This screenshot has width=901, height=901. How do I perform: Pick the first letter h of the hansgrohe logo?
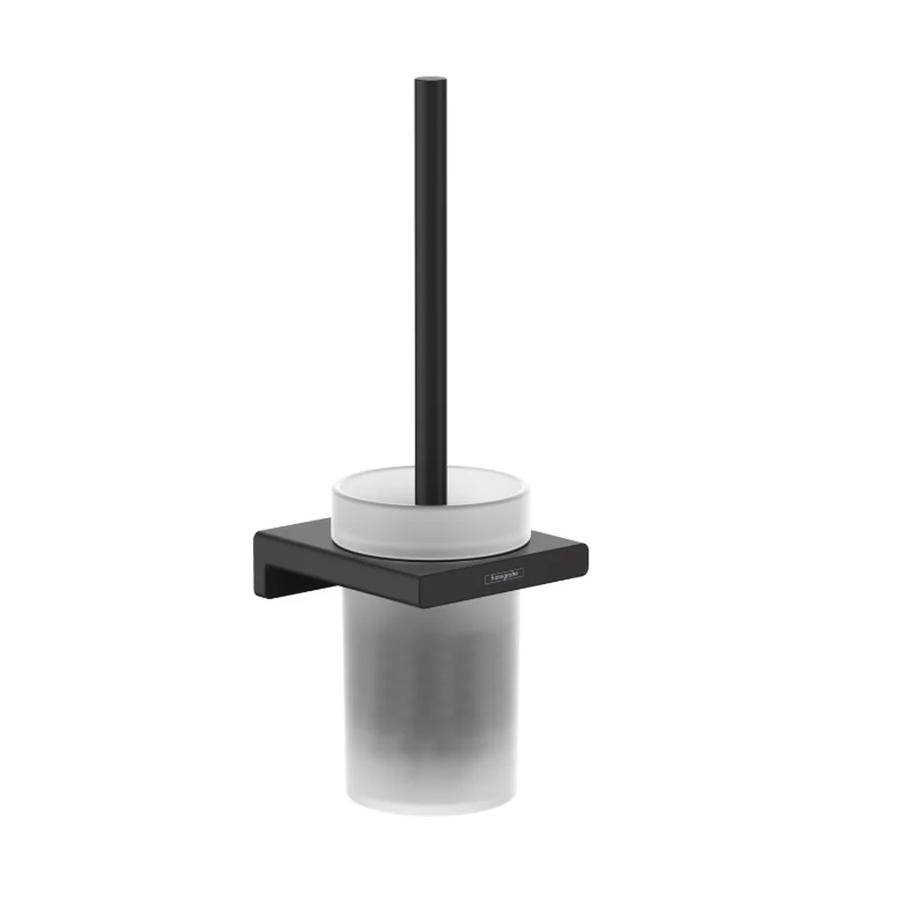(x=491, y=581)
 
